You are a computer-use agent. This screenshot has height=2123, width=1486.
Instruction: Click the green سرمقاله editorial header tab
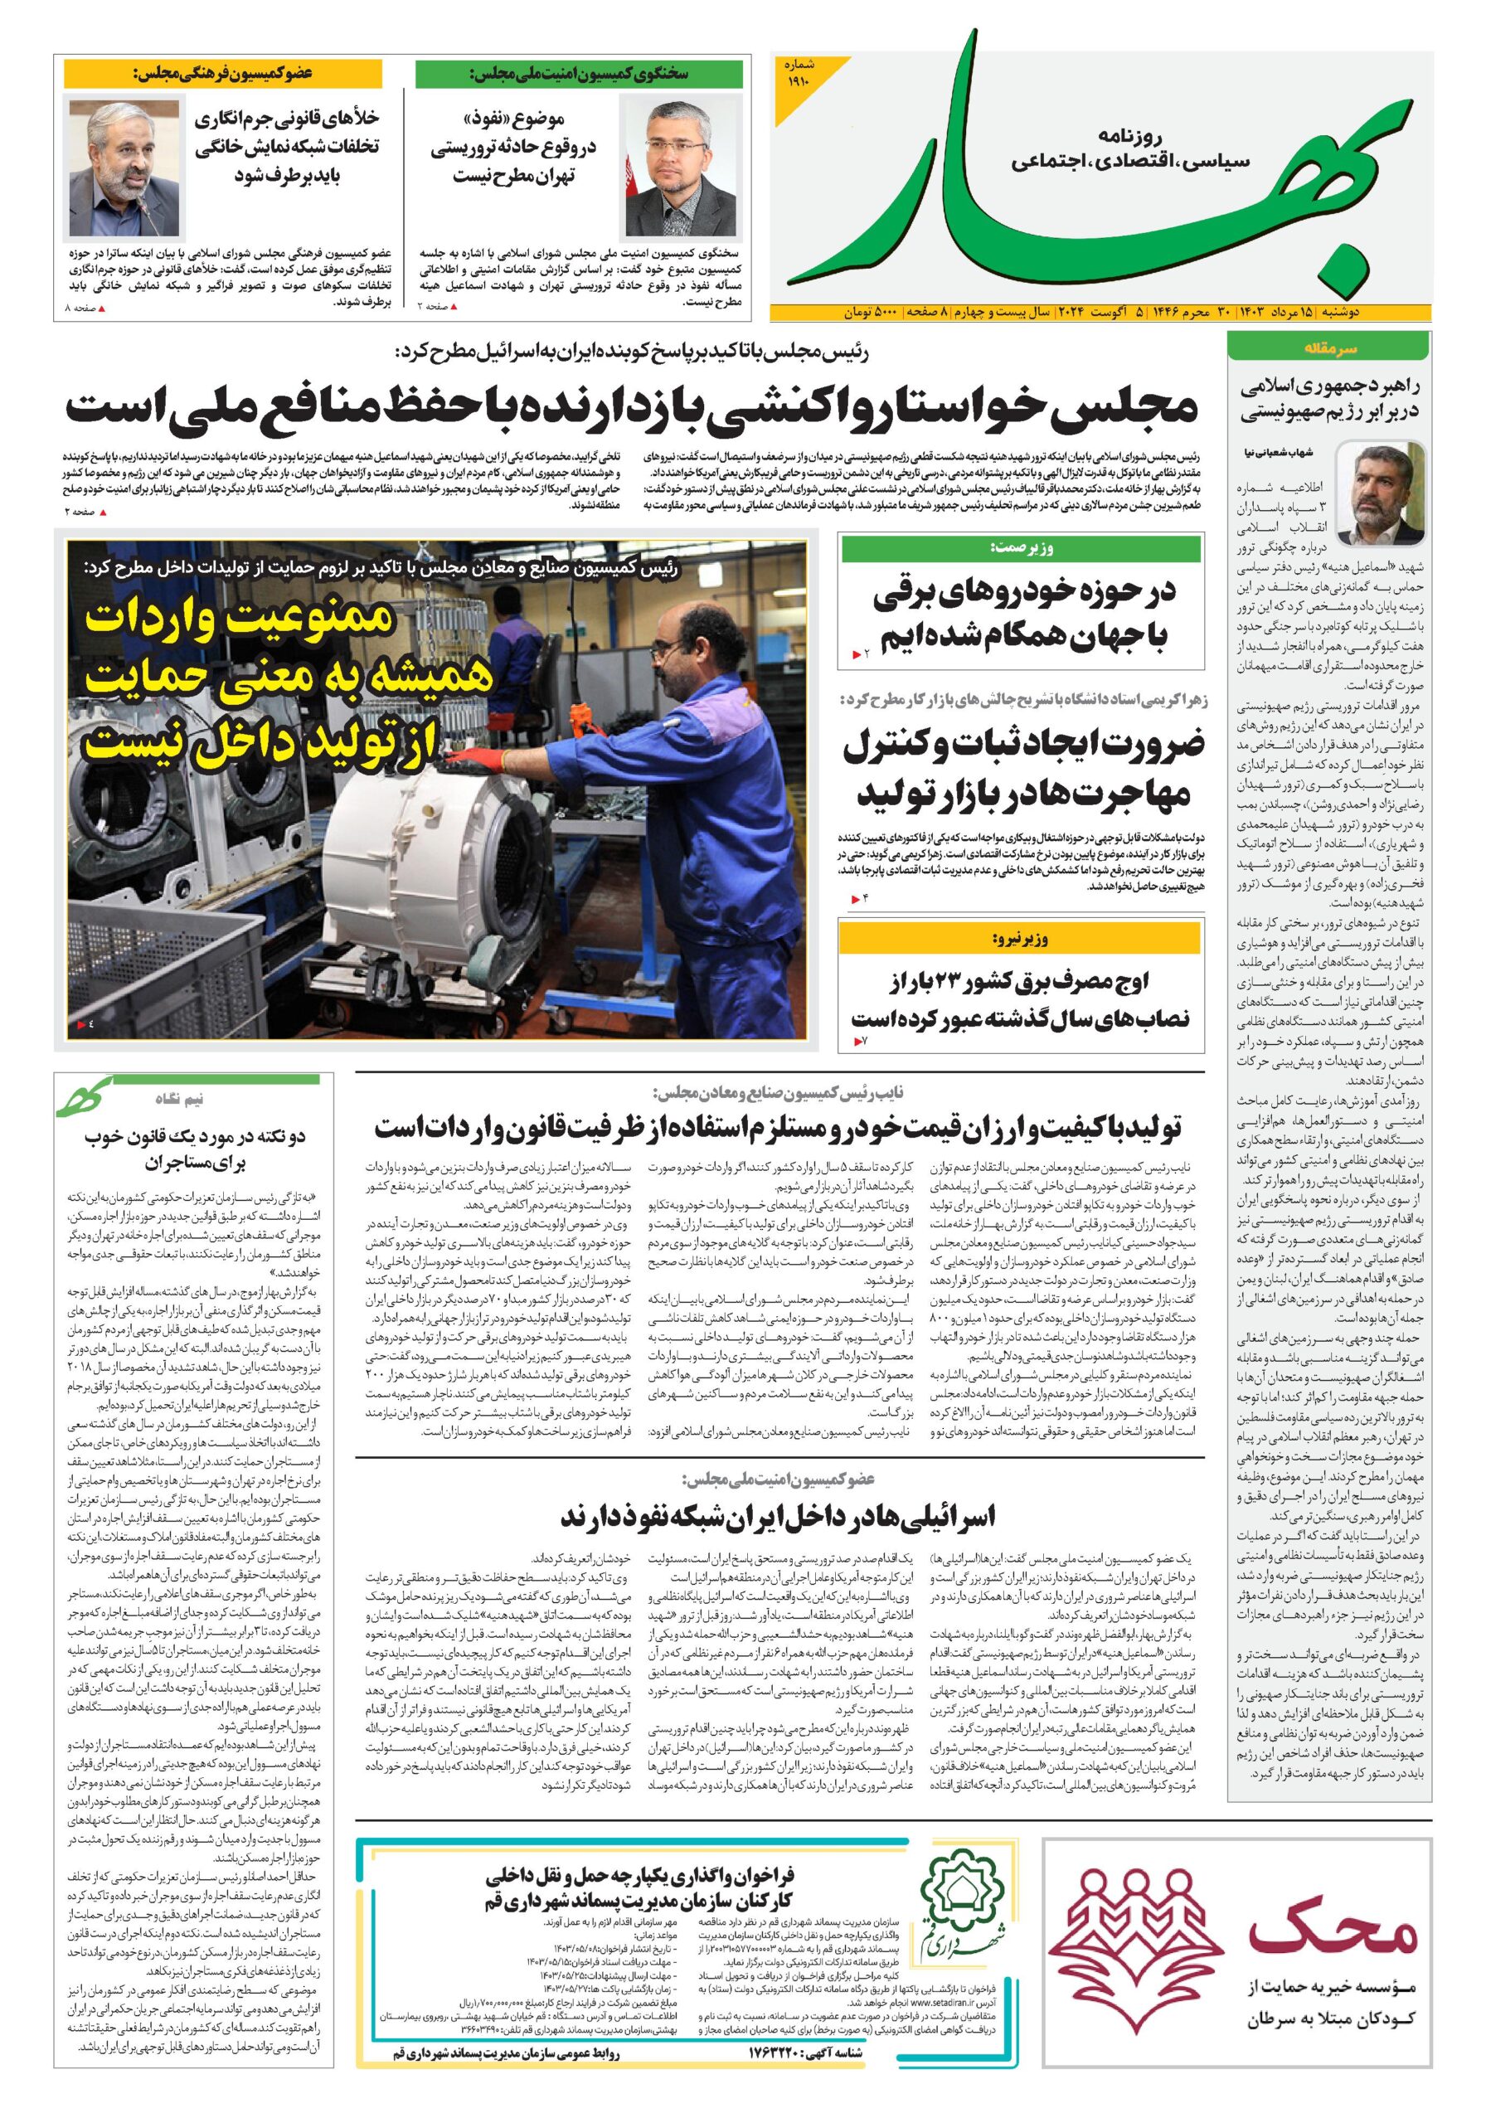click(x=1328, y=347)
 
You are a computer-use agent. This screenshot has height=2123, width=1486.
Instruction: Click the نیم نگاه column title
click(x=179, y=1100)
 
